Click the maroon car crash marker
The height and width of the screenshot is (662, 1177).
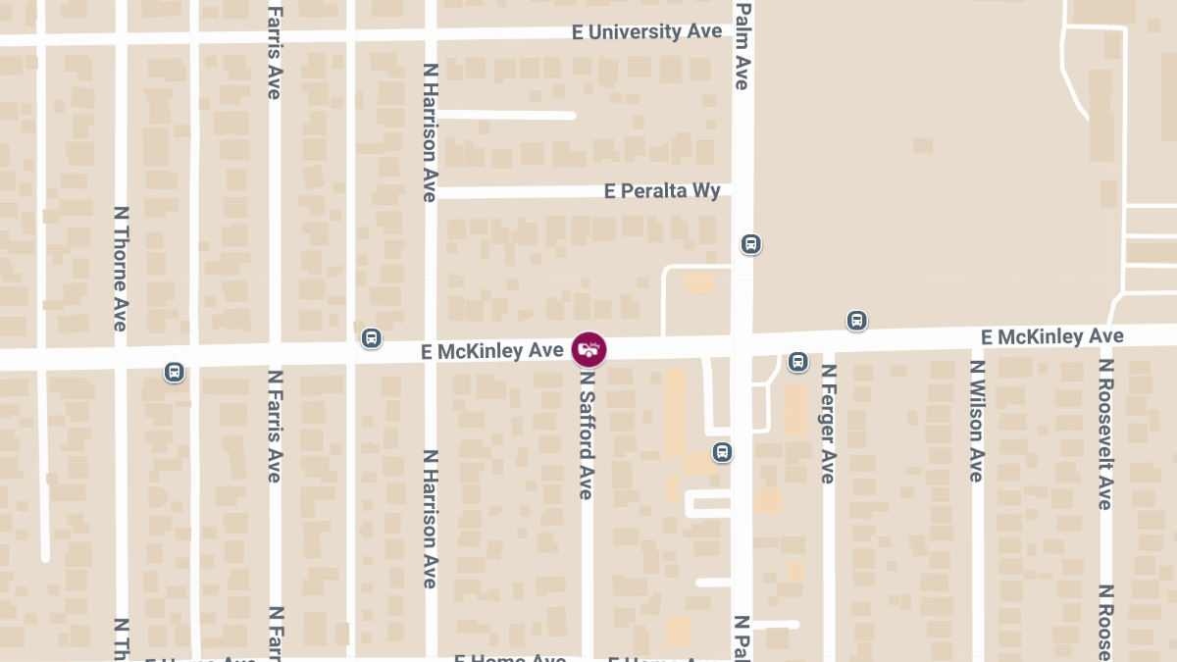[x=588, y=348]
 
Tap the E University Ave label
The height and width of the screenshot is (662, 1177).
[x=646, y=32]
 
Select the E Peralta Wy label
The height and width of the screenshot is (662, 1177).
[x=662, y=190]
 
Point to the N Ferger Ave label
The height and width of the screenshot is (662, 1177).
[x=829, y=424]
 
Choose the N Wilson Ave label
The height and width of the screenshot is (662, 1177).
[x=977, y=421]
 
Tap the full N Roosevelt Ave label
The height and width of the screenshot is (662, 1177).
[x=1106, y=433]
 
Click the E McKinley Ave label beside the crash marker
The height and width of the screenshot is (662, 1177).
[x=491, y=351]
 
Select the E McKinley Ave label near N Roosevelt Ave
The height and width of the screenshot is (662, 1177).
[x=1051, y=337]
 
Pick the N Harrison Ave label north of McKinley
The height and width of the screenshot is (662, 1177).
[x=430, y=132]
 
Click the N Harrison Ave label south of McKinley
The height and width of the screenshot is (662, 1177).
[x=430, y=519]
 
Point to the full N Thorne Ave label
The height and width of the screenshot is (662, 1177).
[x=121, y=268]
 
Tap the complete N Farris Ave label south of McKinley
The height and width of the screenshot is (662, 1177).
[x=275, y=426]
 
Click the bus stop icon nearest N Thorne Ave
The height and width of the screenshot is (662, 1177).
[x=175, y=372]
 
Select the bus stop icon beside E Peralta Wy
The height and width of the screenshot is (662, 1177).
[x=750, y=244]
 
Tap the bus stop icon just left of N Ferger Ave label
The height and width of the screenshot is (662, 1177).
[x=797, y=362]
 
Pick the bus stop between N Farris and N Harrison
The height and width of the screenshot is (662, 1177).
[x=371, y=338]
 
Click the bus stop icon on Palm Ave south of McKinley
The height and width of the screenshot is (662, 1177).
[x=722, y=452]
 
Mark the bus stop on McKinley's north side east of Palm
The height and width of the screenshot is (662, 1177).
[x=856, y=321]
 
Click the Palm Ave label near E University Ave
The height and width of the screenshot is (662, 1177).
[x=742, y=45]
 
